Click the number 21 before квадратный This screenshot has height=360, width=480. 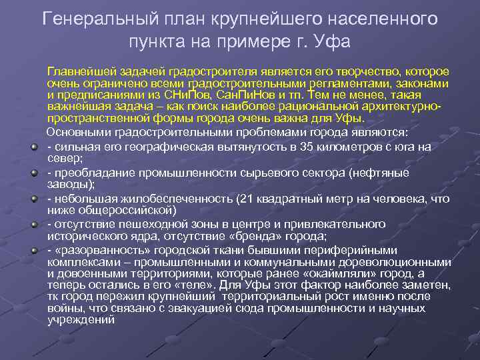click(x=247, y=199)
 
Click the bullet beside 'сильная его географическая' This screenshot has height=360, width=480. click(x=33, y=147)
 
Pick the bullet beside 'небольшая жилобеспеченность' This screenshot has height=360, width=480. click(x=33, y=199)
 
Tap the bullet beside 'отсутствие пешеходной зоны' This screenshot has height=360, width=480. click(x=33, y=225)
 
